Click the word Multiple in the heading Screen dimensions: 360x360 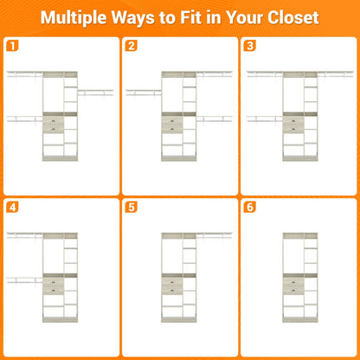click(x=74, y=18)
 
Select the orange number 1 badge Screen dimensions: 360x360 click(x=12, y=46)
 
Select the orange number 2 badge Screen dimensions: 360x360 click(x=131, y=46)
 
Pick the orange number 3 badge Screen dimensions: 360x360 click(x=250, y=46)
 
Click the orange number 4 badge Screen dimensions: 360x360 click(x=12, y=207)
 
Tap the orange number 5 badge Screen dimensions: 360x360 click(x=131, y=207)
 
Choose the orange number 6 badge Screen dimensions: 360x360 click(x=250, y=207)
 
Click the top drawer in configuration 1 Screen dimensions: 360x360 click(x=54, y=121)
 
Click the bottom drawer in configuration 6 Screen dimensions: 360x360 click(x=293, y=290)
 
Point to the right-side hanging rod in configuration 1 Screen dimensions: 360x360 click(x=95, y=93)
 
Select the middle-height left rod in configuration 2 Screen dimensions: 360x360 click(x=144, y=93)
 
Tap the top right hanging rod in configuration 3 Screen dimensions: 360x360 click(x=336, y=74)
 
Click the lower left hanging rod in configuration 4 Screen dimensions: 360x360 click(x=25, y=280)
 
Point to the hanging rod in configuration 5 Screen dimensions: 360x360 click(x=214, y=235)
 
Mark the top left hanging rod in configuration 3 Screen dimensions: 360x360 click(x=265, y=74)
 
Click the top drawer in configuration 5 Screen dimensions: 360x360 click(x=172, y=282)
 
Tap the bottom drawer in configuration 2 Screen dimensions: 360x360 click(x=172, y=129)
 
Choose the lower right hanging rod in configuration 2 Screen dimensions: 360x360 click(x=214, y=119)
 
